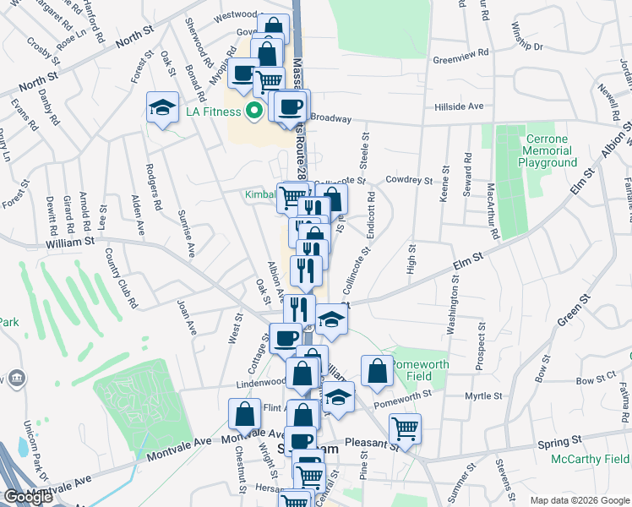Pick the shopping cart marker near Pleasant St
(x=405, y=428)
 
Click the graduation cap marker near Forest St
(x=162, y=106)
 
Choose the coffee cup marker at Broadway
(x=291, y=106)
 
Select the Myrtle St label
(x=484, y=395)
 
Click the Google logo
(x=28, y=497)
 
